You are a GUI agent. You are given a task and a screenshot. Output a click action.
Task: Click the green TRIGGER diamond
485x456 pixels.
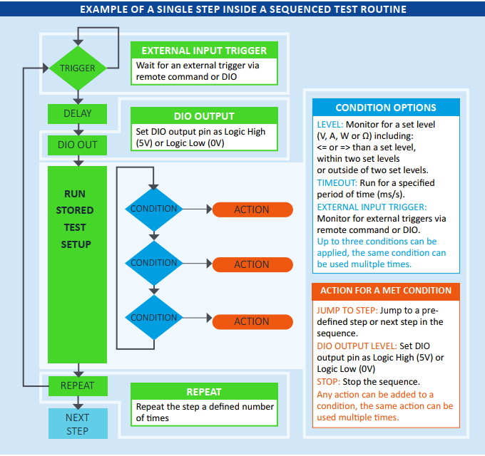[x=78, y=68]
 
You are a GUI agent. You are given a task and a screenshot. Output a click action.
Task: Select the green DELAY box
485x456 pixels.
[x=78, y=113]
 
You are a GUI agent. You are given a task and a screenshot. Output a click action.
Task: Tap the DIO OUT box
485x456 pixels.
[x=78, y=145]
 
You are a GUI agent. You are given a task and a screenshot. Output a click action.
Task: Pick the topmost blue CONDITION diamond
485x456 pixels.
[x=153, y=209]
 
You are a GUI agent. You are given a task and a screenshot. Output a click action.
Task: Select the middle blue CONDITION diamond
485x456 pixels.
[x=153, y=264]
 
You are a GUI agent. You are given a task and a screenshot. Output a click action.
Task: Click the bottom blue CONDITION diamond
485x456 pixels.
[x=153, y=318]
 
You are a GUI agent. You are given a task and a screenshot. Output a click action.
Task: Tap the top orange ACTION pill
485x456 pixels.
[x=252, y=209]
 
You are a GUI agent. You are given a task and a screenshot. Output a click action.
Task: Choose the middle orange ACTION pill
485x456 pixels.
[x=252, y=264]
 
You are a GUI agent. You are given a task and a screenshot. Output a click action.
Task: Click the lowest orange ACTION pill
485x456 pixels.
[x=252, y=321]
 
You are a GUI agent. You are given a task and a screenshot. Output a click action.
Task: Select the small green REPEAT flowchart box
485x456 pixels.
[x=78, y=385]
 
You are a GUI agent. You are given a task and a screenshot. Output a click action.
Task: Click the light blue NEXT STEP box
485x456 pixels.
[x=78, y=423]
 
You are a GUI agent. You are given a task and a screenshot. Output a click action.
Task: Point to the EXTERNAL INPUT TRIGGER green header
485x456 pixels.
[x=204, y=51]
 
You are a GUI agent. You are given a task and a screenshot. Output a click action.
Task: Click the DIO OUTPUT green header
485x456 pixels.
[x=204, y=116]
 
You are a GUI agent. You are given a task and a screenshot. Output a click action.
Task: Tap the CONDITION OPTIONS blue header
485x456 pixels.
[x=386, y=108]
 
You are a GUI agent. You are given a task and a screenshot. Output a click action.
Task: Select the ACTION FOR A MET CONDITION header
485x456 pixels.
[x=386, y=291]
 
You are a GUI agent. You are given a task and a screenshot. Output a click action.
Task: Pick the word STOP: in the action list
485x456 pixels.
[x=329, y=381]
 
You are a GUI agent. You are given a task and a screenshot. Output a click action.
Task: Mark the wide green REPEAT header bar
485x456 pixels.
[x=204, y=392]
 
